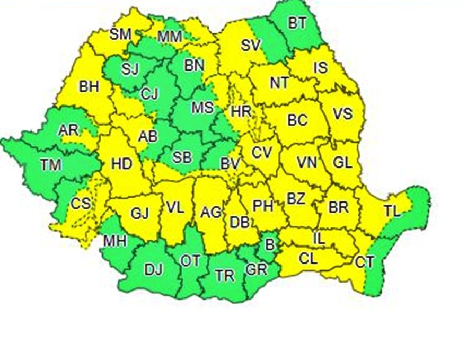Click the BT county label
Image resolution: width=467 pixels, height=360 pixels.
(297, 23)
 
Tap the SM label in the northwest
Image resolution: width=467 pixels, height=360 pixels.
(120, 34)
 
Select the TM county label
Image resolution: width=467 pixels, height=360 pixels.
(51, 165)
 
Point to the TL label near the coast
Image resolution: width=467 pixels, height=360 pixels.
(392, 211)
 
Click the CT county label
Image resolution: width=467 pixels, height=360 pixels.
(364, 261)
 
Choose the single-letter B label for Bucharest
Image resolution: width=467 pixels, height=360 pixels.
(270, 245)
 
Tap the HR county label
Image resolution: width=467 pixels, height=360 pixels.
(241, 111)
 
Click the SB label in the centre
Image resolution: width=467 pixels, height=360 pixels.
(183, 157)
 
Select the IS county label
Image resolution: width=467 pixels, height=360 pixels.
(320, 68)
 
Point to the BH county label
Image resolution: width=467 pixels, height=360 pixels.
(89, 86)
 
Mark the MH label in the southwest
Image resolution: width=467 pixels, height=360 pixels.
(114, 241)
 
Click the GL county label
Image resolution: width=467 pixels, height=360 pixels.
(342, 163)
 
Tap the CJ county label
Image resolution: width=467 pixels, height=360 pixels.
(149, 94)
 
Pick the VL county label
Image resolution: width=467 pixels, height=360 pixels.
(175, 207)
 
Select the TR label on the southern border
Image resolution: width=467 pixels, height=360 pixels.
(225, 275)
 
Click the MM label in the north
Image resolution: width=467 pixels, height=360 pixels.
(170, 37)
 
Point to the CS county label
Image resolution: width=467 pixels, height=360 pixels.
(80, 203)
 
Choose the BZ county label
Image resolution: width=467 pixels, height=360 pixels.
(296, 199)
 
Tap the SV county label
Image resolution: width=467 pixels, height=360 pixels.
(251, 46)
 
